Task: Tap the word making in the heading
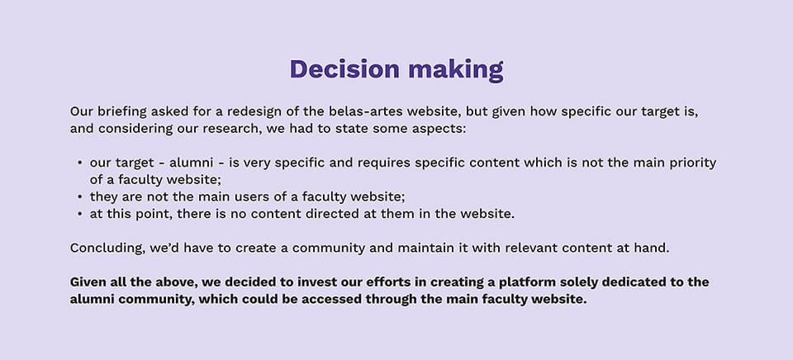(x=456, y=70)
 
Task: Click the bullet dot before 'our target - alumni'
(x=80, y=163)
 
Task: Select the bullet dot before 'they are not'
(x=80, y=197)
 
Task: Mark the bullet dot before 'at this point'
(x=80, y=215)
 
